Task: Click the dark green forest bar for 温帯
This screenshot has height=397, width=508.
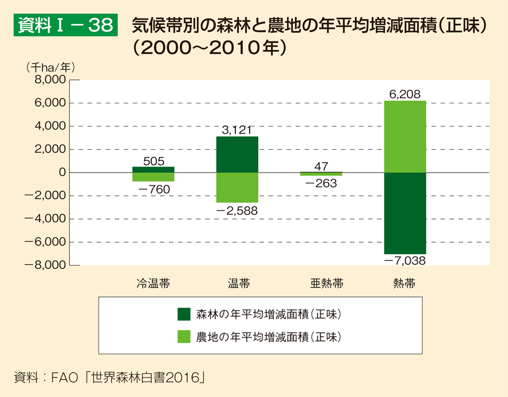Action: tap(237, 154)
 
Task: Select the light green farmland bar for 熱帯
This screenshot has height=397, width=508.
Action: tap(405, 137)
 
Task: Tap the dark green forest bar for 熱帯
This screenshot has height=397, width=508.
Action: tap(405, 213)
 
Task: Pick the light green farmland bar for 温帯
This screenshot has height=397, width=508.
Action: tap(237, 187)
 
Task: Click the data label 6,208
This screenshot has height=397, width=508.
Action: tap(405, 95)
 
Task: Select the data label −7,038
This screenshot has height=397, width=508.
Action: tap(405, 260)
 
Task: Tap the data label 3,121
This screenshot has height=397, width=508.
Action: tap(237, 130)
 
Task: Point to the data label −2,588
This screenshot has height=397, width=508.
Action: tap(237, 211)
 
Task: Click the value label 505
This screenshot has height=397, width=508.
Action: tap(153, 161)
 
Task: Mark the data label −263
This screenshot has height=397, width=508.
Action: tap(321, 184)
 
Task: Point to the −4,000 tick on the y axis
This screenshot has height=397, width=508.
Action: tap(48, 219)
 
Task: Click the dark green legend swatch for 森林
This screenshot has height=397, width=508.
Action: tap(184, 314)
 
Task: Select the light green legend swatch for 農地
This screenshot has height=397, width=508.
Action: tap(184, 336)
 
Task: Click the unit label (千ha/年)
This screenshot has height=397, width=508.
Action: tap(50, 67)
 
